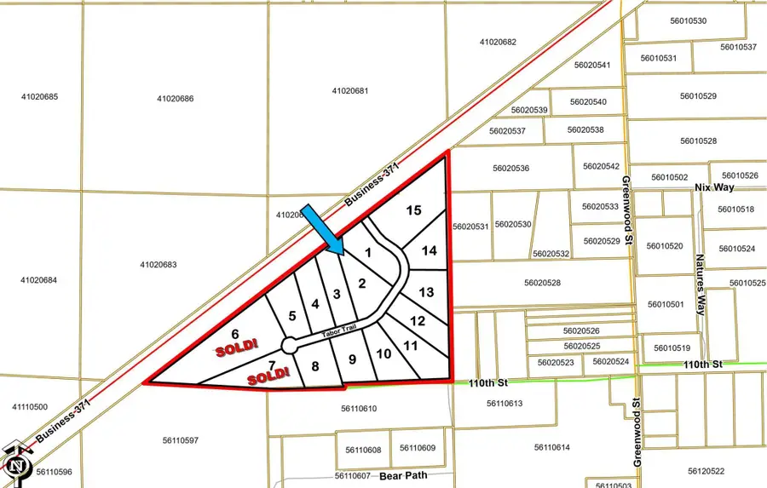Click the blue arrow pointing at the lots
[x=323, y=229]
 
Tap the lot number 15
[x=413, y=210]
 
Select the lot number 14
[x=429, y=250]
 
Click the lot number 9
[x=352, y=359]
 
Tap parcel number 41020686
[x=175, y=99]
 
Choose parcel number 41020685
[x=39, y=97]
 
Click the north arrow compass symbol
[x=16, y=462]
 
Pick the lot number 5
[x=291, y=316]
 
